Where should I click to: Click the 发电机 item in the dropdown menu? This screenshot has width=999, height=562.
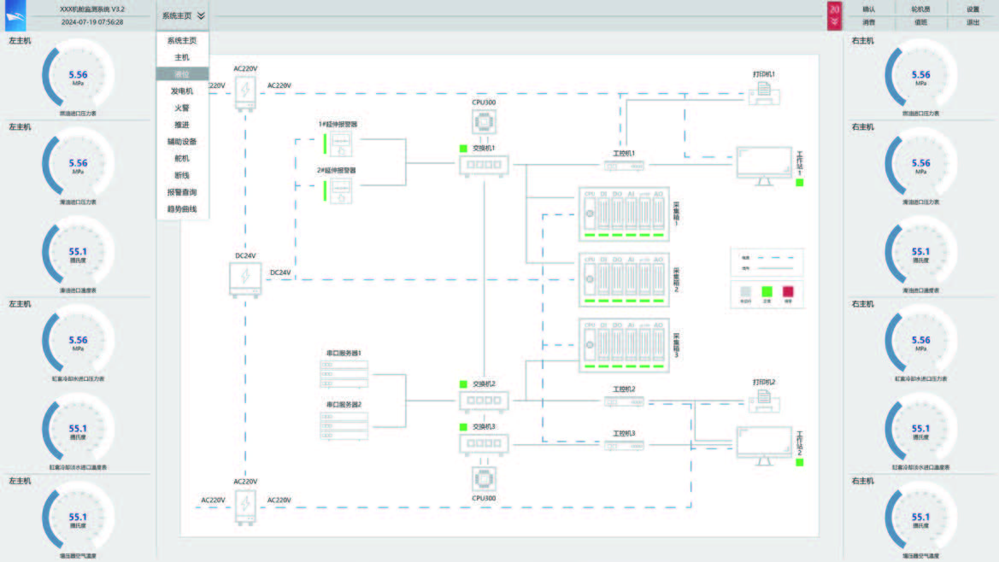(181, 91)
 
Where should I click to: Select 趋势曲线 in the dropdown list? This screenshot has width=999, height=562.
(181, 208)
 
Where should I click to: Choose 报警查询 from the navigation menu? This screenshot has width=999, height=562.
(181, 192)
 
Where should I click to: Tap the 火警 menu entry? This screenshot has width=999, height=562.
(181, 108)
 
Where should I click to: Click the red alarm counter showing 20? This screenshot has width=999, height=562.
(834, 15)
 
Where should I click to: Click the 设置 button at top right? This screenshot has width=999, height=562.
(973, 9)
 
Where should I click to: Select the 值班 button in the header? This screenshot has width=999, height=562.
(921, 23)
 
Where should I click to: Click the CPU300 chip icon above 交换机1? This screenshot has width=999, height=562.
(485, 123)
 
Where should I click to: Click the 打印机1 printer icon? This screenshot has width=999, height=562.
(764, 91)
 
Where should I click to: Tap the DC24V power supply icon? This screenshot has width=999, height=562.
(245, 278)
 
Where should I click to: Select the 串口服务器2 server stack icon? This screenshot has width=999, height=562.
(344, 426)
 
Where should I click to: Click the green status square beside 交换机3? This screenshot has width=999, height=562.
(464, 425)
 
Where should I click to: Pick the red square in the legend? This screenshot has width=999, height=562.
(788, 291)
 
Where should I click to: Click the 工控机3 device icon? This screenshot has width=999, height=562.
(624, 446)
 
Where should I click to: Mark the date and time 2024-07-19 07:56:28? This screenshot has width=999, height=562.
(92, 23)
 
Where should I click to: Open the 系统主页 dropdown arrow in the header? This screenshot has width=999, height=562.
(200, 15)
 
